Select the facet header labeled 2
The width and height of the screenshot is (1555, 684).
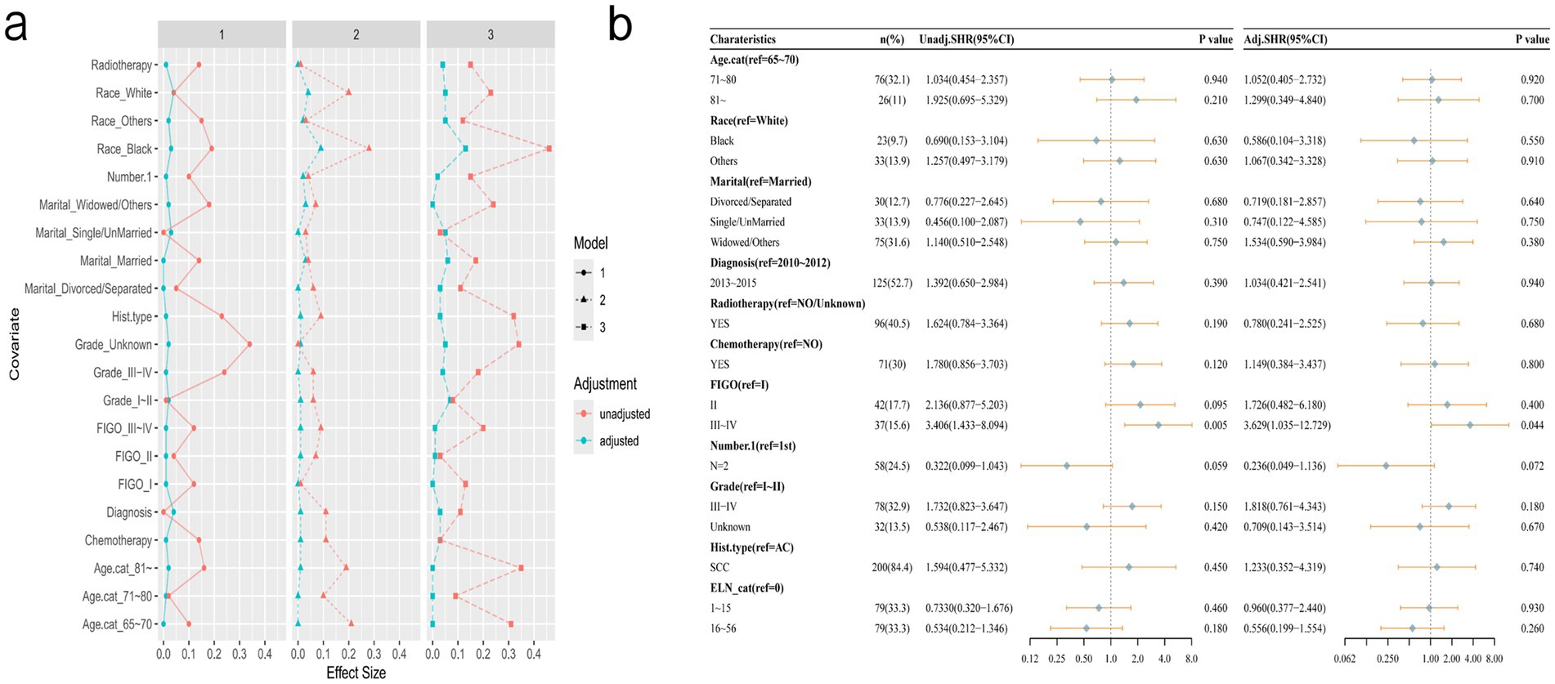click(356, 34)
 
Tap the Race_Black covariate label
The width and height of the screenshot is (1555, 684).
click(124, 149)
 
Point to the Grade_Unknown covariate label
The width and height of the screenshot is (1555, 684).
click(113, 345)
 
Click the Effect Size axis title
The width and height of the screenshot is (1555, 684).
click(356, 673)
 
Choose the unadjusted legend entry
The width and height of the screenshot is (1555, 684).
click(624, 414)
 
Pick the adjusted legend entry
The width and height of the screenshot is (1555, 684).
click(619, 441)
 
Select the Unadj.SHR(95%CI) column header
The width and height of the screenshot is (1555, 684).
click(966, 39)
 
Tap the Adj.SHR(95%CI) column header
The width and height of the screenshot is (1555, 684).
click(1285, 39)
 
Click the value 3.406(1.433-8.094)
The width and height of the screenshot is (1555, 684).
click(966, 426)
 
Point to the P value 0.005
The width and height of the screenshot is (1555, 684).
click(1215, 426)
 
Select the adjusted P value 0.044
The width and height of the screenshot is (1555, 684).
click(1532, 426)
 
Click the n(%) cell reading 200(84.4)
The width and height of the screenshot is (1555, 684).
click(891, 568)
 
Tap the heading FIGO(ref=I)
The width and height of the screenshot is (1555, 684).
click(739, 385)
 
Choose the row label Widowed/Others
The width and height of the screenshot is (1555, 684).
click(744, 243)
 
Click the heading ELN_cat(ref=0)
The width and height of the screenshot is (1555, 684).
click(746, 588)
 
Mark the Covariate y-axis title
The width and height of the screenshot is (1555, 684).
click(14, 344)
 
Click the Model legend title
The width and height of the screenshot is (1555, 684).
click(590, 244)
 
